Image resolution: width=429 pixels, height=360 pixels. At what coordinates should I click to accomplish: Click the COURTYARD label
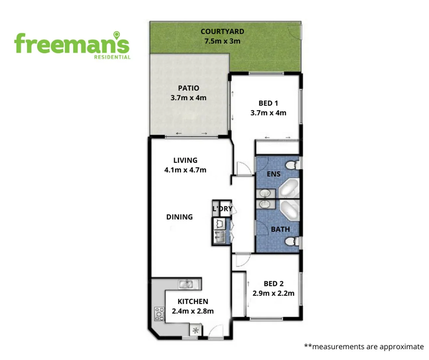click(x=222, y=32)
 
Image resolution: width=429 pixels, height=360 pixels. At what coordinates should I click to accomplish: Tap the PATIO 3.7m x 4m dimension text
click(x=189, y=98)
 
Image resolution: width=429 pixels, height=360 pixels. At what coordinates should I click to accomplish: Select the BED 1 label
click(x=268, y=103)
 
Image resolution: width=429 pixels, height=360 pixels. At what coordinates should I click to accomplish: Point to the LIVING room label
click(x=185, y=160)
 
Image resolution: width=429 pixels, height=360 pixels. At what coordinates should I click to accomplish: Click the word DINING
click(x=180, y=217)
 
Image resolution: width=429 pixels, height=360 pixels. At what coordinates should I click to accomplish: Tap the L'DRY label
click(x=222, y=209)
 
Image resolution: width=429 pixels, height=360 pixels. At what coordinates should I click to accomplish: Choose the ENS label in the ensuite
click(x=273, y=174)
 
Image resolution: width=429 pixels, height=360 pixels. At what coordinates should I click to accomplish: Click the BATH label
click(x=280, y=229)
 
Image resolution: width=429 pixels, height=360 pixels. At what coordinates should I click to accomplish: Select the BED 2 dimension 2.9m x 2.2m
click(x=273, y=293)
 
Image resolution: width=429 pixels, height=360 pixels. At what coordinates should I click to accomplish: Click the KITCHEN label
click(x=193, y=302)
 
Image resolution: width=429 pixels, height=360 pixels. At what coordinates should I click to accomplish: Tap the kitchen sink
click(x=186, y=284)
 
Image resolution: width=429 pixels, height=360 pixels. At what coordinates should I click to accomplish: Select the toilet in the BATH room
click(x=292, y=241)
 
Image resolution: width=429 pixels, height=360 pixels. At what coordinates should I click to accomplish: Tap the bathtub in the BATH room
click(x=289, y=211)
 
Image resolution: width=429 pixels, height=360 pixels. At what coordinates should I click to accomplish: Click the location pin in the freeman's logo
click(x=117, y=35)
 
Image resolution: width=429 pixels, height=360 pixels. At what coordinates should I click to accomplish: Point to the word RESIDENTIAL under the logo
click(x=112, y=57)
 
